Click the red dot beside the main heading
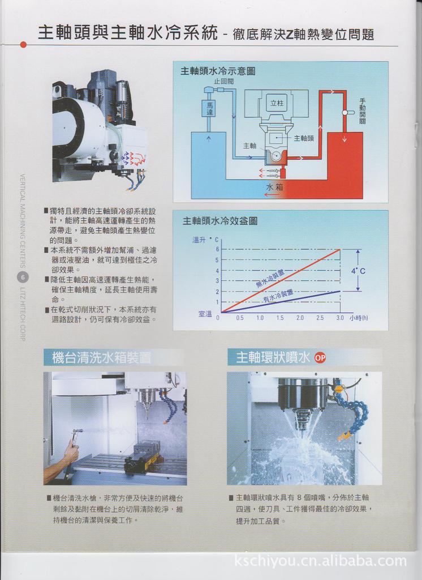23,44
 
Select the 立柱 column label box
276,103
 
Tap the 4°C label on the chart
358,271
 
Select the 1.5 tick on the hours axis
279,318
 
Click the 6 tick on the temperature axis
217,249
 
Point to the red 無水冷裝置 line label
270,278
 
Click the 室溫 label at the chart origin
205,313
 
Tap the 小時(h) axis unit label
359,318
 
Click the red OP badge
320,357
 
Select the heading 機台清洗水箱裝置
101,357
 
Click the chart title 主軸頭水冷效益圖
219,221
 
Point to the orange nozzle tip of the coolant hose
342,436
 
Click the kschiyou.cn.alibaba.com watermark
320,561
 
